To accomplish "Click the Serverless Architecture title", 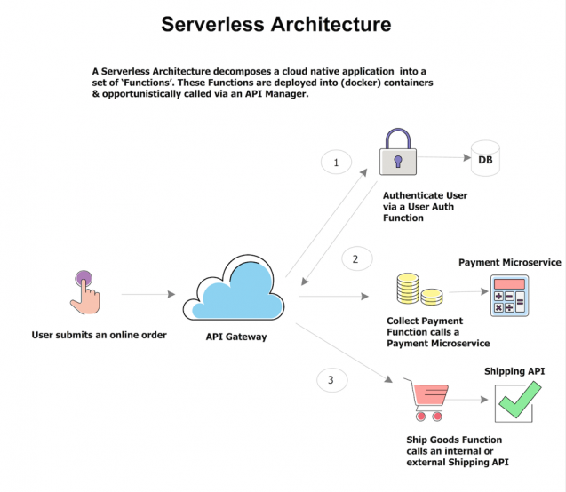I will [x=275, y=24].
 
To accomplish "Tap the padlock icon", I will [x=398, y=154].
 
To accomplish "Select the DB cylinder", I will [x=485, y=159].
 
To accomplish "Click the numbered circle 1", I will [x=336, y=163].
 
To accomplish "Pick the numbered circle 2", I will [x=355, y=259].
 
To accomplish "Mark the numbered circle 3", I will [x=331, y=380].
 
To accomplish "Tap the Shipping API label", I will [x=514, y=370].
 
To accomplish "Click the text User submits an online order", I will [x=87, y=336].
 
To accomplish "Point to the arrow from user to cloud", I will [x=147, y=293].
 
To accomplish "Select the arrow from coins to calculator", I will [x=463, y=292].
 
